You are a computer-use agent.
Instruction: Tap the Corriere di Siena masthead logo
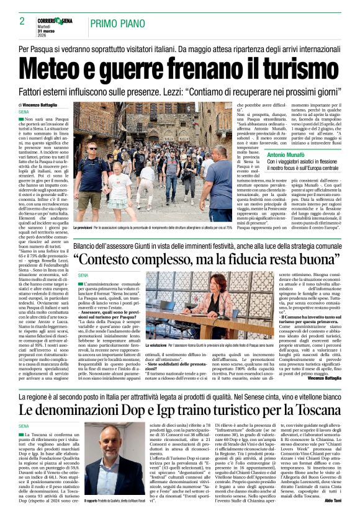click(x=60, y=21)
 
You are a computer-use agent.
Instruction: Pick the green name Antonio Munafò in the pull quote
click(x=290, y=153)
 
